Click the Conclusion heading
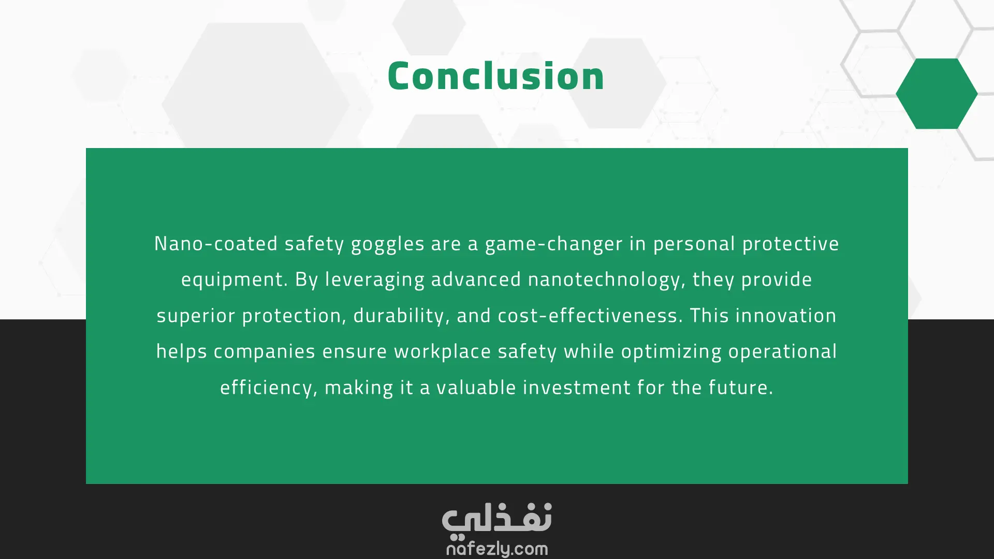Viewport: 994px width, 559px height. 496,76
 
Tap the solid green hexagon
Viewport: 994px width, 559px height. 937,94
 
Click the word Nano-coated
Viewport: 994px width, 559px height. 216,244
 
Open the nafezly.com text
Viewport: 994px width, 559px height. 497,549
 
